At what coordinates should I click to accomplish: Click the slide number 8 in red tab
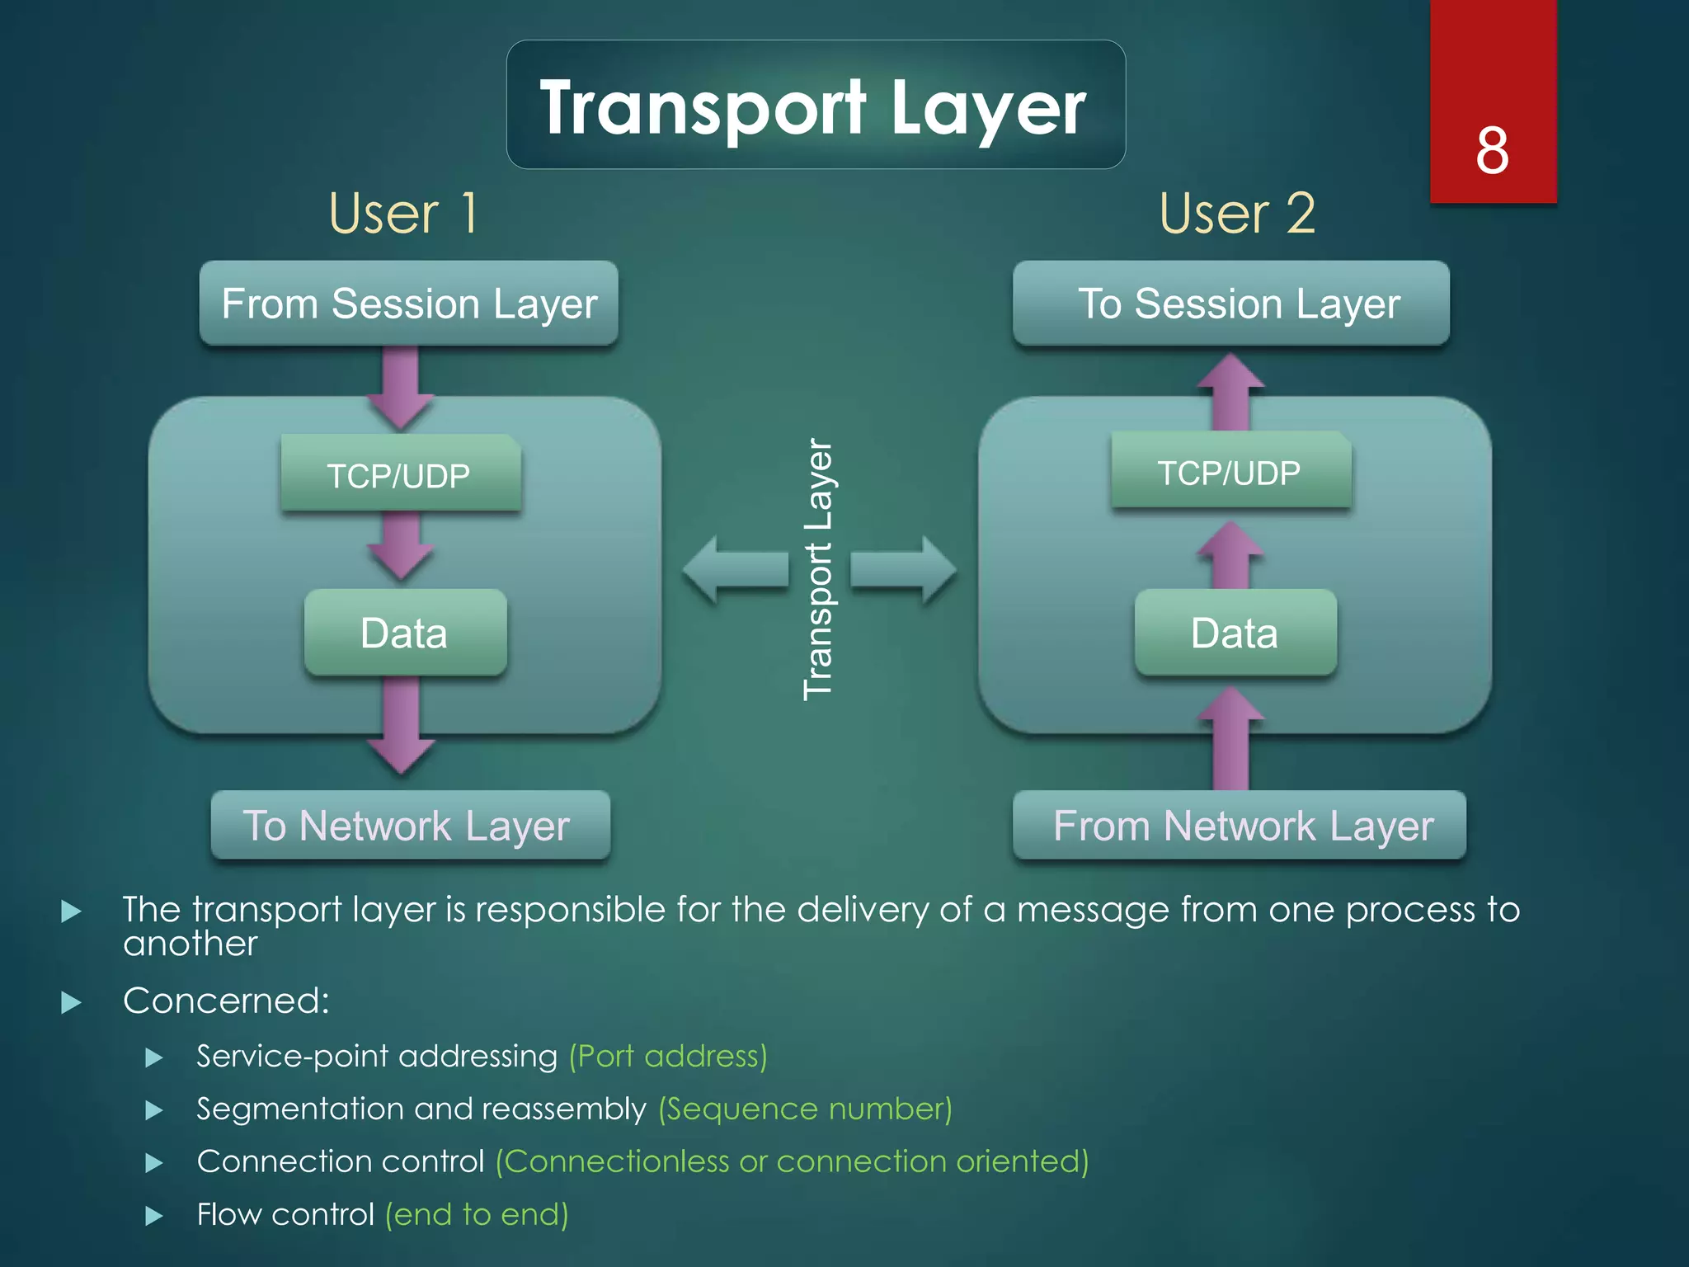(1492, 151)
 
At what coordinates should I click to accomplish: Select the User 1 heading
(402, 214)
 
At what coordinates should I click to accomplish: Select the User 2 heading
(1236, 214)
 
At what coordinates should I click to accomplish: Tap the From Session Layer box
(409, 304)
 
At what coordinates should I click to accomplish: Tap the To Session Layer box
(1230, 304)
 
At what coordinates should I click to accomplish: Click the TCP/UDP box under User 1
(400, 474)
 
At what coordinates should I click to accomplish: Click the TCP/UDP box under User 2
(1230, 471)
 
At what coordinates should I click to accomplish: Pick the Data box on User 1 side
(404, 633)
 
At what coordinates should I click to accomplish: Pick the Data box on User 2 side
(1235, 633)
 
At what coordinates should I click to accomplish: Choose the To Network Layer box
(409, 825)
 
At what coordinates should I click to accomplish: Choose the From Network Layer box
(1239, 825)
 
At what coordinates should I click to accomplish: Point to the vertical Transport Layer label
(818, 569)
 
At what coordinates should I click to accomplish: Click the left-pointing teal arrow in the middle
(734, 569)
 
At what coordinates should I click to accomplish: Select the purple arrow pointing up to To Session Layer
(1230, 393)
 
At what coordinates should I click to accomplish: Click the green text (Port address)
(668, 1056)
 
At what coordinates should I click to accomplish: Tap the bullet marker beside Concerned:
(72, 1002)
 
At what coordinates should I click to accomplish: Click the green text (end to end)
(477, 1214)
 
